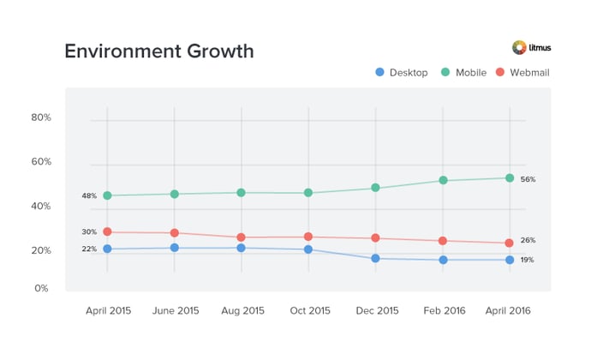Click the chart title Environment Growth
159,51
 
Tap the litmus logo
530,48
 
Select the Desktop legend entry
403,73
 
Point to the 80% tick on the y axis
41,117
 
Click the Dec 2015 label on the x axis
375,311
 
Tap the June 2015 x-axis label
175,311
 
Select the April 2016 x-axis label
509,311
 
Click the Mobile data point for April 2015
107,195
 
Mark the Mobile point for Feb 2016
443,180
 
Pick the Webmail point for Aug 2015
242,237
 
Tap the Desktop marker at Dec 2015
375,258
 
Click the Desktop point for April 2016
510,260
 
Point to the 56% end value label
528,179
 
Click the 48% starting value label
89,196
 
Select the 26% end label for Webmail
528,240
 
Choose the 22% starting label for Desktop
89,249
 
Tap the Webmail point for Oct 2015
308,237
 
